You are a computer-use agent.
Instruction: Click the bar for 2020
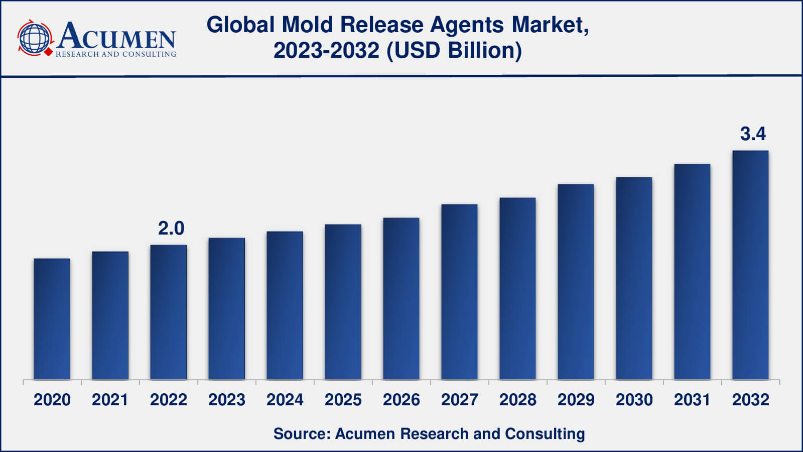52,319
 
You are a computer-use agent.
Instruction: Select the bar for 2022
169,312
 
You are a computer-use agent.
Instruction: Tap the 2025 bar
343,302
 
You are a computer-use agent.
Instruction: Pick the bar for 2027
460,292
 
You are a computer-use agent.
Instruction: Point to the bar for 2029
576,282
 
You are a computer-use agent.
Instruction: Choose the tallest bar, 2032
750,265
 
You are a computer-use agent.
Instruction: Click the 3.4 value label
753,134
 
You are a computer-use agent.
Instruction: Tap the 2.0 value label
171,228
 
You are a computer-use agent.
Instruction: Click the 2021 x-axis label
110,400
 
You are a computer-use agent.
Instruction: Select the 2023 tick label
226,400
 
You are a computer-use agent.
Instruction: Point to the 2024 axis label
285,400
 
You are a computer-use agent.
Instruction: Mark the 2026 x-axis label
401,400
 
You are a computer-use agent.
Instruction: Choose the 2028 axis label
517,400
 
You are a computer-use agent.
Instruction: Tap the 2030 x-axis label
634,400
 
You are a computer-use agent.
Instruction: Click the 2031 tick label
692,400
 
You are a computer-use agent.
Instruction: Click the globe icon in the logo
35,38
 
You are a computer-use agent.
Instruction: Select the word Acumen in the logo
116,35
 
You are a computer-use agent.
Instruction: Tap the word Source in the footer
302,434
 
